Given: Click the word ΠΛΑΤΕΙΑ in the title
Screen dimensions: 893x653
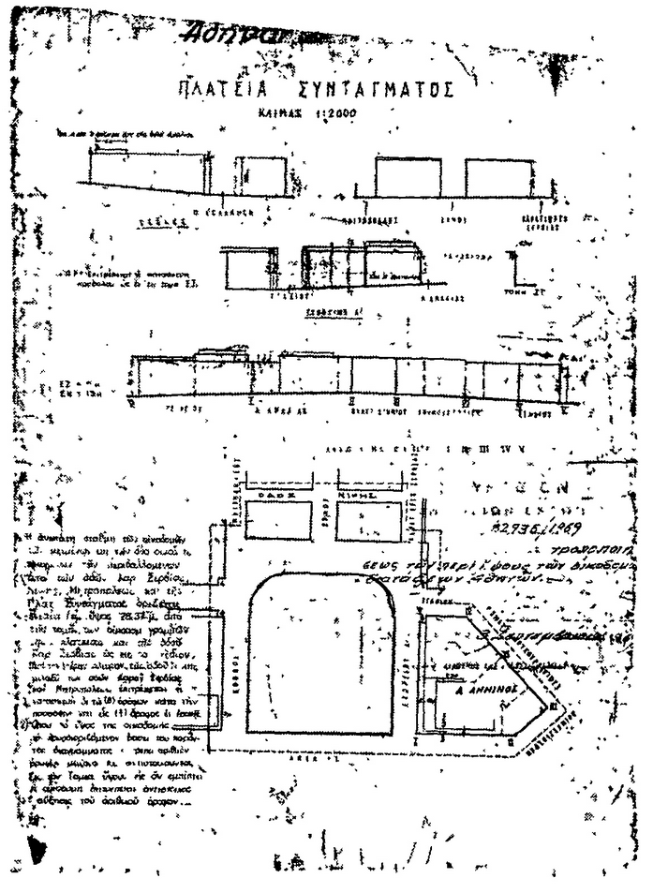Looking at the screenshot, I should point(214,91).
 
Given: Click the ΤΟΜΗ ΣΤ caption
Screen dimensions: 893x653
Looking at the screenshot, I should point(541,291).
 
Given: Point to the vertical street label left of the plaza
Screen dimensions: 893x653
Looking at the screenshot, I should point(236,647).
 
